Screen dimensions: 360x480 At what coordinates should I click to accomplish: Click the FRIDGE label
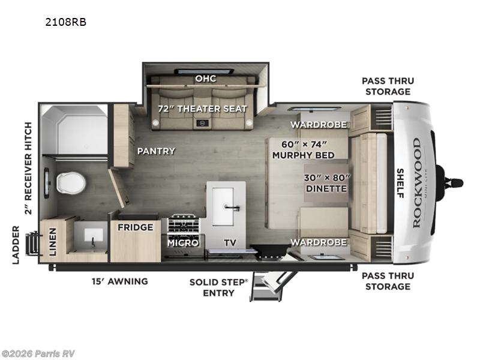[x=134, y=227]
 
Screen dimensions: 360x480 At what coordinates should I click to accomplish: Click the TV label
[x=230, y=243]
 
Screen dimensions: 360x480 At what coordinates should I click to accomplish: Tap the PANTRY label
[x=155, y=151]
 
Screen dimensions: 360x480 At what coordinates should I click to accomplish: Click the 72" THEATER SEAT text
[x=202, y=109]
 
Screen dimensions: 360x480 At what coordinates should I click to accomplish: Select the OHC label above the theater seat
[x=205, y=79]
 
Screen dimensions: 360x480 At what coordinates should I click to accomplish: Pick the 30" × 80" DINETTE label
[x=325, y=182]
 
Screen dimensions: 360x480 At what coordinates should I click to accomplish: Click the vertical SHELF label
[x=400, y=183]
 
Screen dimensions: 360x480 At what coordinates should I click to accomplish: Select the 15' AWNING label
[x=120, y=281]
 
